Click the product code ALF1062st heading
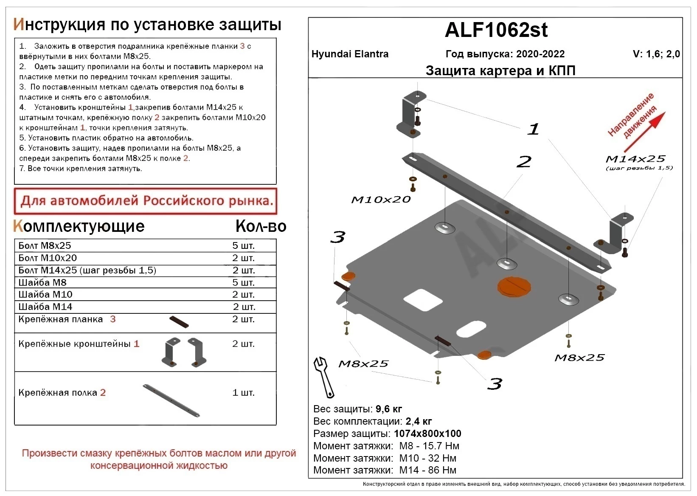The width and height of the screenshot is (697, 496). tap(496, 30)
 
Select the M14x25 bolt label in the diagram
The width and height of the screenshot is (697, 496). tap(635, 159)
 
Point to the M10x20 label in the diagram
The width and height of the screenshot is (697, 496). tap(381, 200)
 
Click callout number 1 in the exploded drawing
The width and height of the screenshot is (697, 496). tap(533, 129)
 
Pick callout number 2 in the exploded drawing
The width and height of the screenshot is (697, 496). tap(524, 161)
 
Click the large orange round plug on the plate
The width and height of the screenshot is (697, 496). tap(514, 287)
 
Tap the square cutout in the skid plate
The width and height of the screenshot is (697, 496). tap(423, 300)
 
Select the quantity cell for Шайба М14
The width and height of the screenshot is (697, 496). tap(244, 307)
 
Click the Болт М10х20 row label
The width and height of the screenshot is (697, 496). tap(48, 258)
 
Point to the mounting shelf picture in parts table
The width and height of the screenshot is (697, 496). tap(171, 400)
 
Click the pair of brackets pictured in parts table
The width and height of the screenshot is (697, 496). tap(184, 352)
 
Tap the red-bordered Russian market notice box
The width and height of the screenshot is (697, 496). tap(146, 201)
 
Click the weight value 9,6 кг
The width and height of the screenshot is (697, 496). tap(388, 409)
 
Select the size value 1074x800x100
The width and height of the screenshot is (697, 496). tap(427, 434)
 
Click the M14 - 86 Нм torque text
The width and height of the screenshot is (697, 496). tap(427, 470)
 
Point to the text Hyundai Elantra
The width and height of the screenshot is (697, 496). tap(350, 54)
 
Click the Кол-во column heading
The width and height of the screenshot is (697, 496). tap(261, 226)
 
